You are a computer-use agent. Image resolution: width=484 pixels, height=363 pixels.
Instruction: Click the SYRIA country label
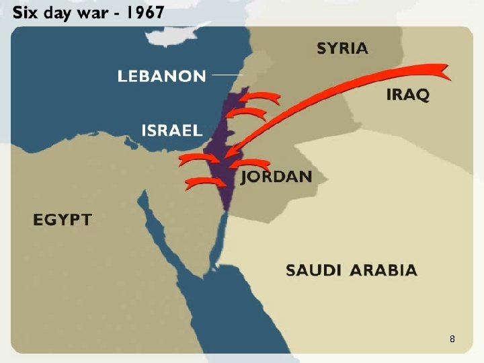click(x=342, y=48)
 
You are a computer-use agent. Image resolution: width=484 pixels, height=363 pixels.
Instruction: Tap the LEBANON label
click(x=161, y=76)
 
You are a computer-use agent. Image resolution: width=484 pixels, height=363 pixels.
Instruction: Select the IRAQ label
click(x=407, y=94)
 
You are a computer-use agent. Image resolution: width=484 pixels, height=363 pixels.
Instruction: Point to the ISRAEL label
click(x=171, y=130)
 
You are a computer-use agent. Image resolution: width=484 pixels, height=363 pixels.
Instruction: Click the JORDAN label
click(x=276, y=177)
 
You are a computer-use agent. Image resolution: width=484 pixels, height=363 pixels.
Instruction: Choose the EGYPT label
click(x=62, y=219)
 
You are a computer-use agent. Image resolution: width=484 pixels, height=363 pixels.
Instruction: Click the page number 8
click(x=452, y=339)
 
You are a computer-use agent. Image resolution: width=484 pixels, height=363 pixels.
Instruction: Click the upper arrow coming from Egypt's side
click(x=198, y=159)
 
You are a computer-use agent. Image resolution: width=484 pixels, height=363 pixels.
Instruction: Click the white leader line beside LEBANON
click(x=225, y=75)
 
